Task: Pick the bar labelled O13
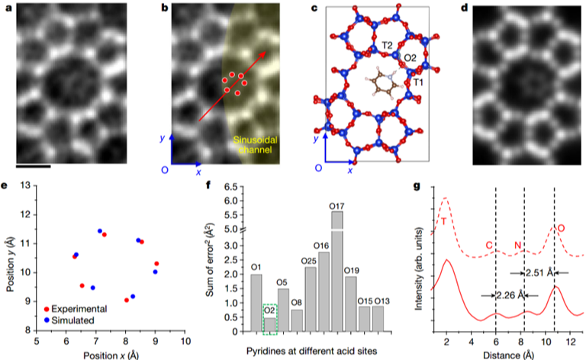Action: point(378,320)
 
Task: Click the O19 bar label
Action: point(351,270)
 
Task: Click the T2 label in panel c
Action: point(388,47)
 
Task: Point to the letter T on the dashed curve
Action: point(443,221)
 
